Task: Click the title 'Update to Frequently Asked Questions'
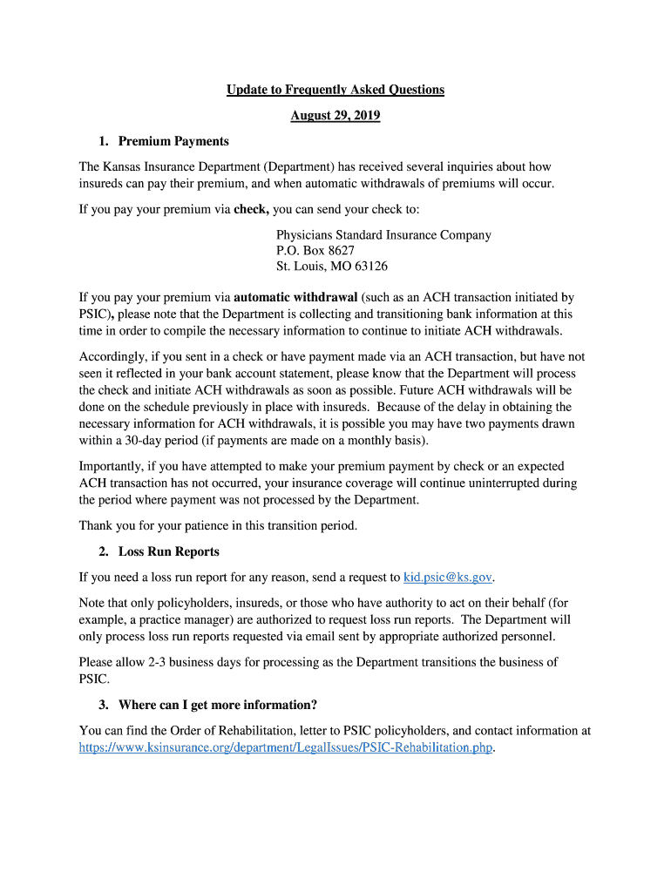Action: (x=335, y=90)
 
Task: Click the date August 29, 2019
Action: (x=335, y=115)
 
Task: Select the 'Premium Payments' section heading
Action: (x=173, y=141)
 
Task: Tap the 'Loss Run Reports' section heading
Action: (x=169, y=551)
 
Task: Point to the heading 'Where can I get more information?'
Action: (x=217, y=705)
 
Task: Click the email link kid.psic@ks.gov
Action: (x=448, y=577)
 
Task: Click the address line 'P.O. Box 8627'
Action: (x=315, y=250)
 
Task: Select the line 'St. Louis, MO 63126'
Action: (x=332, y=266)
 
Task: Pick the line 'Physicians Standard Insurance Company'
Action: (x=383, y=235)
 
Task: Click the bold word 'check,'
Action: (x=251, y=209)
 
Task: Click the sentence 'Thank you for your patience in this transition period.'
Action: (x=218, y=525)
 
